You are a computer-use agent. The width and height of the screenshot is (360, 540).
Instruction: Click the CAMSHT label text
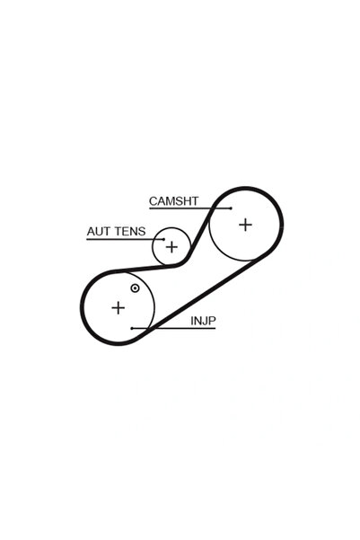(x=173, y=201)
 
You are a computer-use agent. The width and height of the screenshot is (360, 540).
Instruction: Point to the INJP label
(x=203, y=321)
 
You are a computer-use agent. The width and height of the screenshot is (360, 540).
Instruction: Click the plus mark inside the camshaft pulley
(x=245, y=225)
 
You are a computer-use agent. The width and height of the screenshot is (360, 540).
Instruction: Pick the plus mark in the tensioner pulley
(x=171, y=246)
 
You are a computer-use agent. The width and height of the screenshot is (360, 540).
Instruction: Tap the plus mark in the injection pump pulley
(x=118, y=307)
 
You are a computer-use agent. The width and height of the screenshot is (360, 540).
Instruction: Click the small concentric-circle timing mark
(x=135, y=288)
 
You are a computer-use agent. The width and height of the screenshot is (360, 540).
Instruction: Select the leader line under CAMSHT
(x=190, y=208)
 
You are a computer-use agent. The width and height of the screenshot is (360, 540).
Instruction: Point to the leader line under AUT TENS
(x=126, y=239)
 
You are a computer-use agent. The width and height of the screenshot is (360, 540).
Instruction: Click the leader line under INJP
(x=173, y=328)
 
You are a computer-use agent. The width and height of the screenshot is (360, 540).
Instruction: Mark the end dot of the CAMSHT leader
(x=231, y=208)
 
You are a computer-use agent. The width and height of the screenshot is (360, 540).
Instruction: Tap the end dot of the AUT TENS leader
(x=163, y=239)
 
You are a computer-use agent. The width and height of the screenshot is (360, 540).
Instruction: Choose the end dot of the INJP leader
(x=132, y=328)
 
